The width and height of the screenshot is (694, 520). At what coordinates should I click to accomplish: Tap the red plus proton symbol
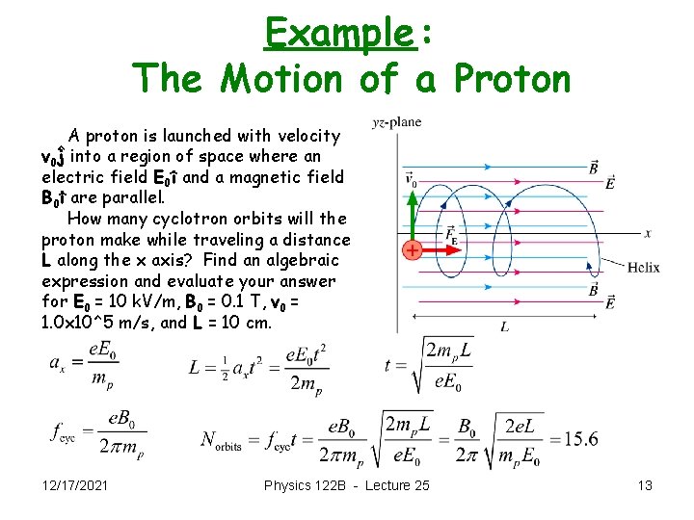(x=412, y=250)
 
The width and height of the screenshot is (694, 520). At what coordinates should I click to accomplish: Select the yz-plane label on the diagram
(x=396, y=122)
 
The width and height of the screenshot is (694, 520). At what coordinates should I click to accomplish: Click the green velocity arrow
(x=412, y=217)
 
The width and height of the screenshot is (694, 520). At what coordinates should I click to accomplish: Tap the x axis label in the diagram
(x=648, y=232)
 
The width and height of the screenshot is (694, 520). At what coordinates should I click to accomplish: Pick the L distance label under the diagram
(x=505, y=326)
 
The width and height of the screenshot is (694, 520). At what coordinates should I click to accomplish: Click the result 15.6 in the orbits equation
(x=581, y=439)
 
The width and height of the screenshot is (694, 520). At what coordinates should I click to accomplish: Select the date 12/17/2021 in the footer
(x=75, y=485)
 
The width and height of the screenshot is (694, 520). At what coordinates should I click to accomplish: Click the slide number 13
(x=645, y=485)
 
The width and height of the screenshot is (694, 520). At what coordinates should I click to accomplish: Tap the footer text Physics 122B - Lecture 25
(x=347, y=485)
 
